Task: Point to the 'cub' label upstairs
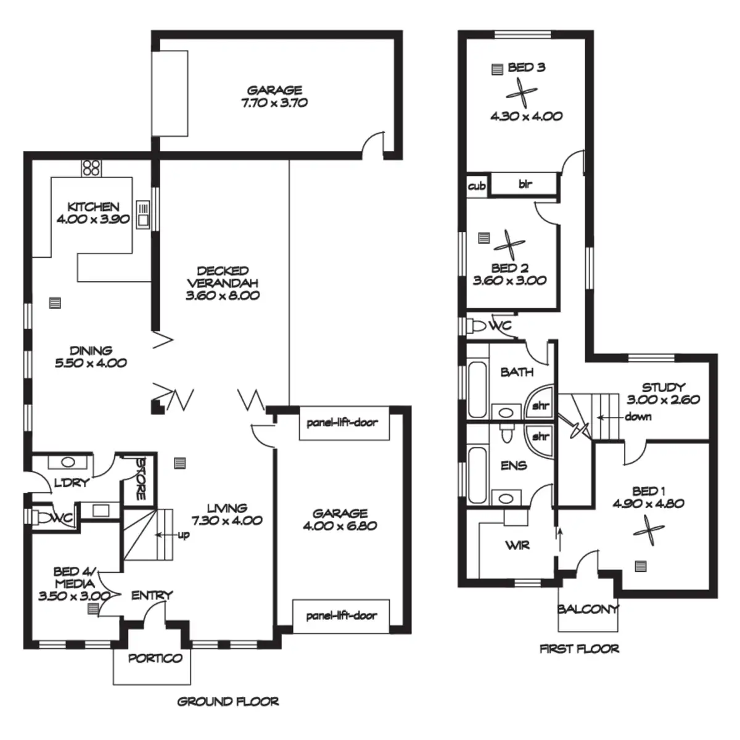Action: point(477,185)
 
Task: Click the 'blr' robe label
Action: point(525,184)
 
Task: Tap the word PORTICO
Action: point(155,658)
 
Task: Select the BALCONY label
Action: point(588,609)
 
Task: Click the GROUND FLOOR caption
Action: point(228,701)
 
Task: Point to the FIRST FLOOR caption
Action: point(579,648)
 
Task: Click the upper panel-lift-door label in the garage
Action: point(342,423)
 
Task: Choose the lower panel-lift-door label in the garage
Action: point(341,615)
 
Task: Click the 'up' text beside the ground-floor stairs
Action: point(183,535)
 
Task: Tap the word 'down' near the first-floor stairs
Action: point(638,416)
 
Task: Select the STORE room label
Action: point(140,478)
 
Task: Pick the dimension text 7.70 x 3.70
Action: point(274,103)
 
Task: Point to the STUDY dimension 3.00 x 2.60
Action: point(663,400)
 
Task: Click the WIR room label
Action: point(517,545)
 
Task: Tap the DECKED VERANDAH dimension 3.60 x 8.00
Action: point(223,295)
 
